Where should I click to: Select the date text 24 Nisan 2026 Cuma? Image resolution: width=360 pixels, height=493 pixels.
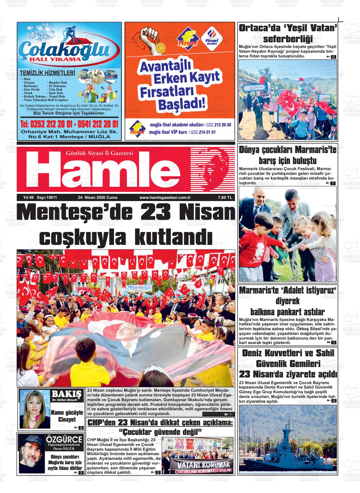98,198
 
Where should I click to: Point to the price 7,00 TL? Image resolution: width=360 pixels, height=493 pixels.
225,198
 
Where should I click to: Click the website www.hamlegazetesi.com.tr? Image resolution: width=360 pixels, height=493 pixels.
163,198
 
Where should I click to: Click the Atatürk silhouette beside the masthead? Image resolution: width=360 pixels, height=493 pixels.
213,169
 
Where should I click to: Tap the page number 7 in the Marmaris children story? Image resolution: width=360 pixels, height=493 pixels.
333,183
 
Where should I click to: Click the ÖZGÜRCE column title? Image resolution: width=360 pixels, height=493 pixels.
64,440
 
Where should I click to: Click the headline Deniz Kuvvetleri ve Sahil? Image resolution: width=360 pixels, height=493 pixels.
287,353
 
